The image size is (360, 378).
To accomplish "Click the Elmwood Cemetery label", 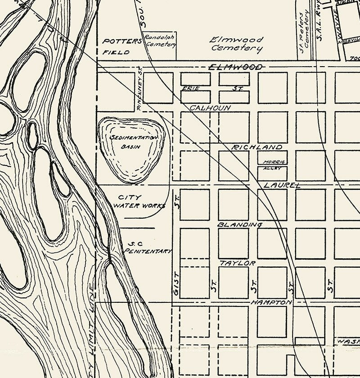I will pos(237,44).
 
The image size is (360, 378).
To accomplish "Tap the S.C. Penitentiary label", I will pos(148,248).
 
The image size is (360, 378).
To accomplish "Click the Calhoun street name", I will pos(210,108).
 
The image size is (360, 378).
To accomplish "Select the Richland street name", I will pos(257,147).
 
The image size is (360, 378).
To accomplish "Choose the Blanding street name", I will pos(240,224).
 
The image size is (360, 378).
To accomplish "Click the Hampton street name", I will pos(271,302).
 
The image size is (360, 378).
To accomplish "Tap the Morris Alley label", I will pos(273,165).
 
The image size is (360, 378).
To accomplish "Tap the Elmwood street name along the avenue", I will pos(236,67).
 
